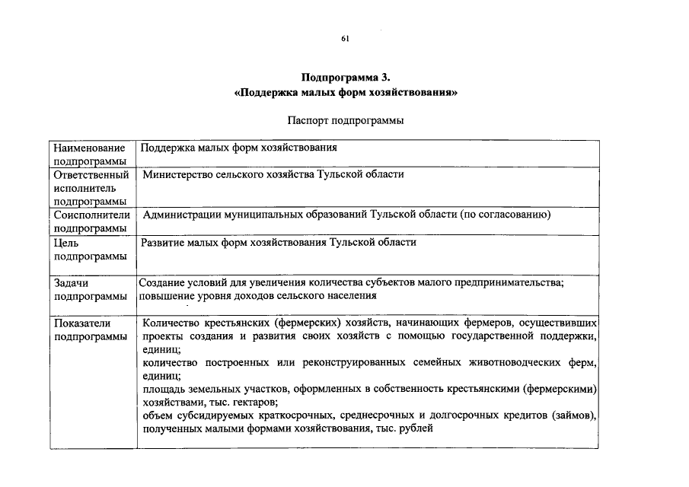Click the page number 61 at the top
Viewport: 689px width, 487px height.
tap(345, 38)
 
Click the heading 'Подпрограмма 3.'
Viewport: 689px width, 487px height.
tap(345, 78)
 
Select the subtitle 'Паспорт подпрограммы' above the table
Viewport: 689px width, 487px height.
tap(345, 120)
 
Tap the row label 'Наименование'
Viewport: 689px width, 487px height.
tap(89, 148)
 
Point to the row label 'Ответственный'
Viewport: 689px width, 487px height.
tap(90, 175)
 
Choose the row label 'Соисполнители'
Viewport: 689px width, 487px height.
tap(91, 215)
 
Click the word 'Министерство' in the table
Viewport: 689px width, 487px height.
tap(180, 174)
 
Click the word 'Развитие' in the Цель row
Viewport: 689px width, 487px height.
tap(164, 242)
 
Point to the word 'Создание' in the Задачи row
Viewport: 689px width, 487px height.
tap(163, 283)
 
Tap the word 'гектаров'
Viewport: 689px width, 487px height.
tap(254, 402)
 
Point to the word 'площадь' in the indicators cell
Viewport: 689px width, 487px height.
tap(162, 389)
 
